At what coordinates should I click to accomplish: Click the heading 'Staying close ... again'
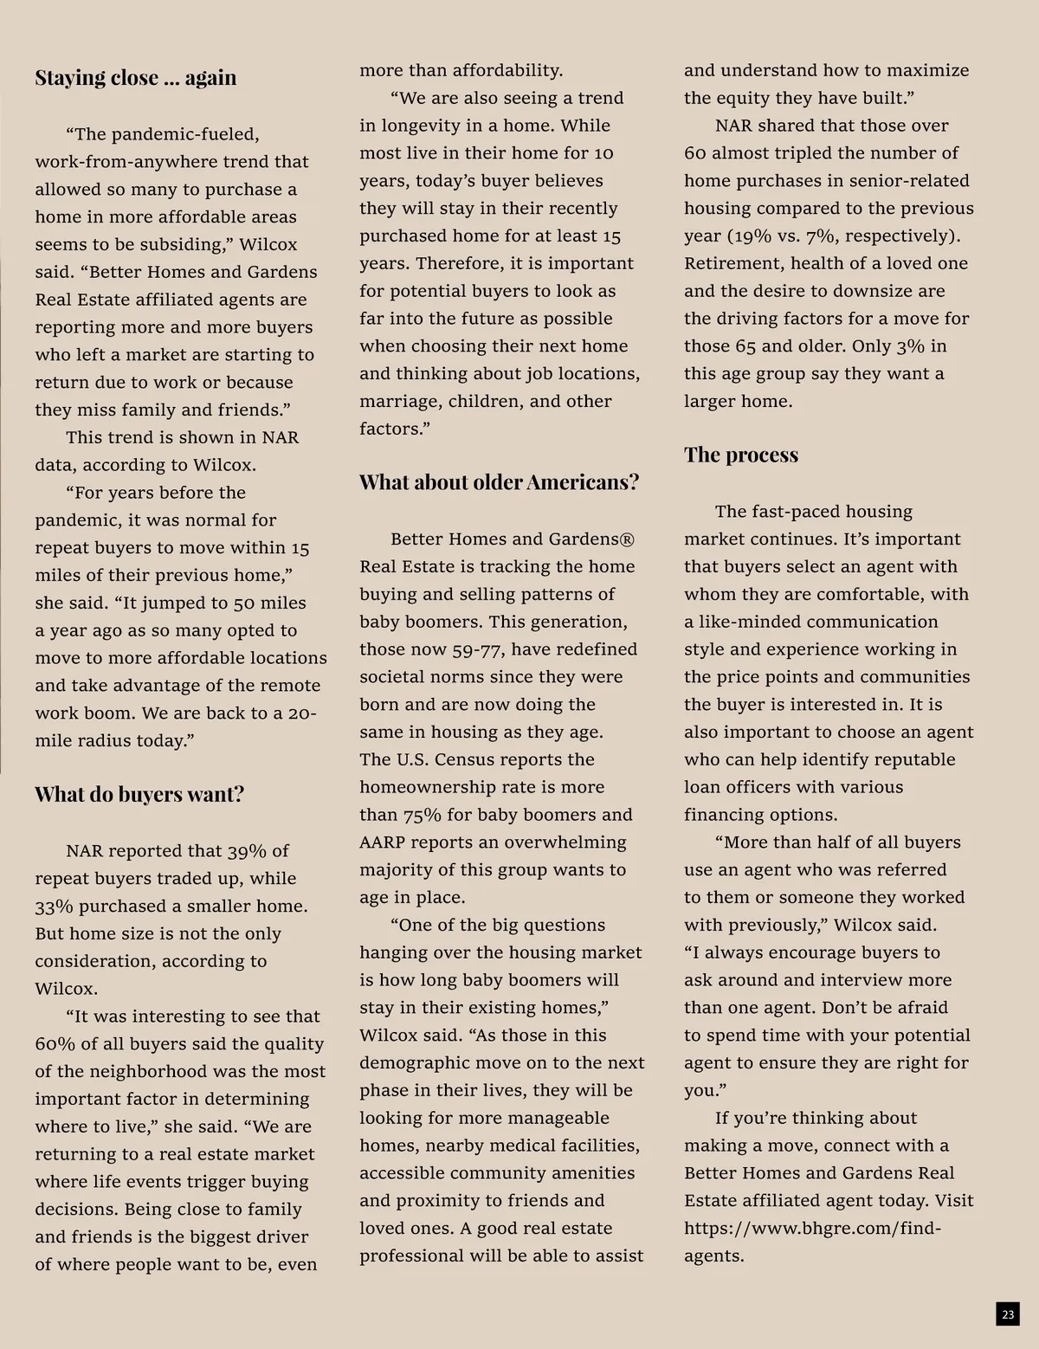pos(135,78)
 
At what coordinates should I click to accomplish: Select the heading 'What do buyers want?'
pos(139,795)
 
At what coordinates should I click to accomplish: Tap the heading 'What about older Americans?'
pos(499,482)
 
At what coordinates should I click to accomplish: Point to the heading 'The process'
pos(740,455)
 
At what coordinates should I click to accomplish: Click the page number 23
pos(1008,1314)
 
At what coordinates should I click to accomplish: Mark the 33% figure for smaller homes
pos(54,906)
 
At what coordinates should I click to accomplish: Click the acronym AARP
pos(383,842)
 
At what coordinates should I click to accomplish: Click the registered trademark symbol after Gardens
pos(628,539)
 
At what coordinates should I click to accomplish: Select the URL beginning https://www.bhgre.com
pos(811,1228)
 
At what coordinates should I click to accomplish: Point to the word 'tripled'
pos(851,153)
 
